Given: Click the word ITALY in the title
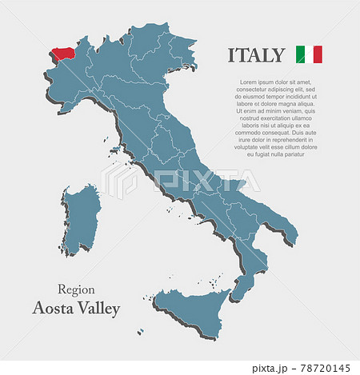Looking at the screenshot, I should (256, 55).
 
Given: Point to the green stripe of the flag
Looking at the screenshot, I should (300, 54).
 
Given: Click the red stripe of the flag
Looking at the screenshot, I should (318, 54).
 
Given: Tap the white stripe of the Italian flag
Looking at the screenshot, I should (309, 54).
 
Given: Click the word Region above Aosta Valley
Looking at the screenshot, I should (77, 289).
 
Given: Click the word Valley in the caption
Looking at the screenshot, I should (98, 309).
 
